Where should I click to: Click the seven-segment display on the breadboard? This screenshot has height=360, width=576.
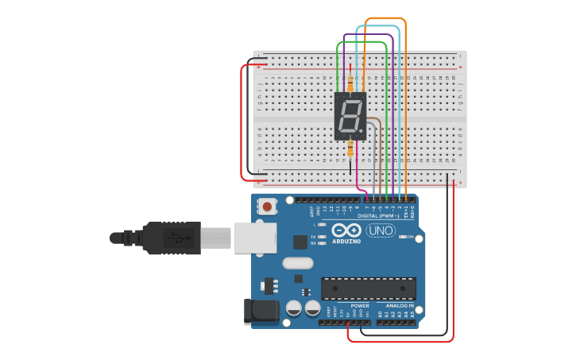pos(350,116)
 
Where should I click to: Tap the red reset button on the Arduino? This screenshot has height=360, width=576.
pos(267,207)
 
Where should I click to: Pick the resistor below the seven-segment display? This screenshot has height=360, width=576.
pos(350,149)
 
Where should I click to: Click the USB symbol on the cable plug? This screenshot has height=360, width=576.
pos(176,237)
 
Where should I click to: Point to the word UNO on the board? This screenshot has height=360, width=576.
pos(381,230)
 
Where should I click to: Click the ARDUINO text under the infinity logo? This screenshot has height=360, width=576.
pos(346,241)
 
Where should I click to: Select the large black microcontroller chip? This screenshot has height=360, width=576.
pos(369,288)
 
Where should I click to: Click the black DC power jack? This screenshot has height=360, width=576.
pos(262,311)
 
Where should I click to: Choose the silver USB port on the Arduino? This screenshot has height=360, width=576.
pos(255,238)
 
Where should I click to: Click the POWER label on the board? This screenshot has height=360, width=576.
pos(360,305)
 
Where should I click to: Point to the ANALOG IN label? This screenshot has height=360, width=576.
pos(399,305)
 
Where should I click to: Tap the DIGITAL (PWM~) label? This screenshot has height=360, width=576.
pos(378,215)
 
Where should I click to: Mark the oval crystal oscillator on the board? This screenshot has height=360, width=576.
pos(298,263)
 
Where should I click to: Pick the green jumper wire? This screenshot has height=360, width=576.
pos(387,119)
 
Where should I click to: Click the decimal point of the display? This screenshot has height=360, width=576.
pos(361,130)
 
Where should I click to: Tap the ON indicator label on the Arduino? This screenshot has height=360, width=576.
pos(411,237)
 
